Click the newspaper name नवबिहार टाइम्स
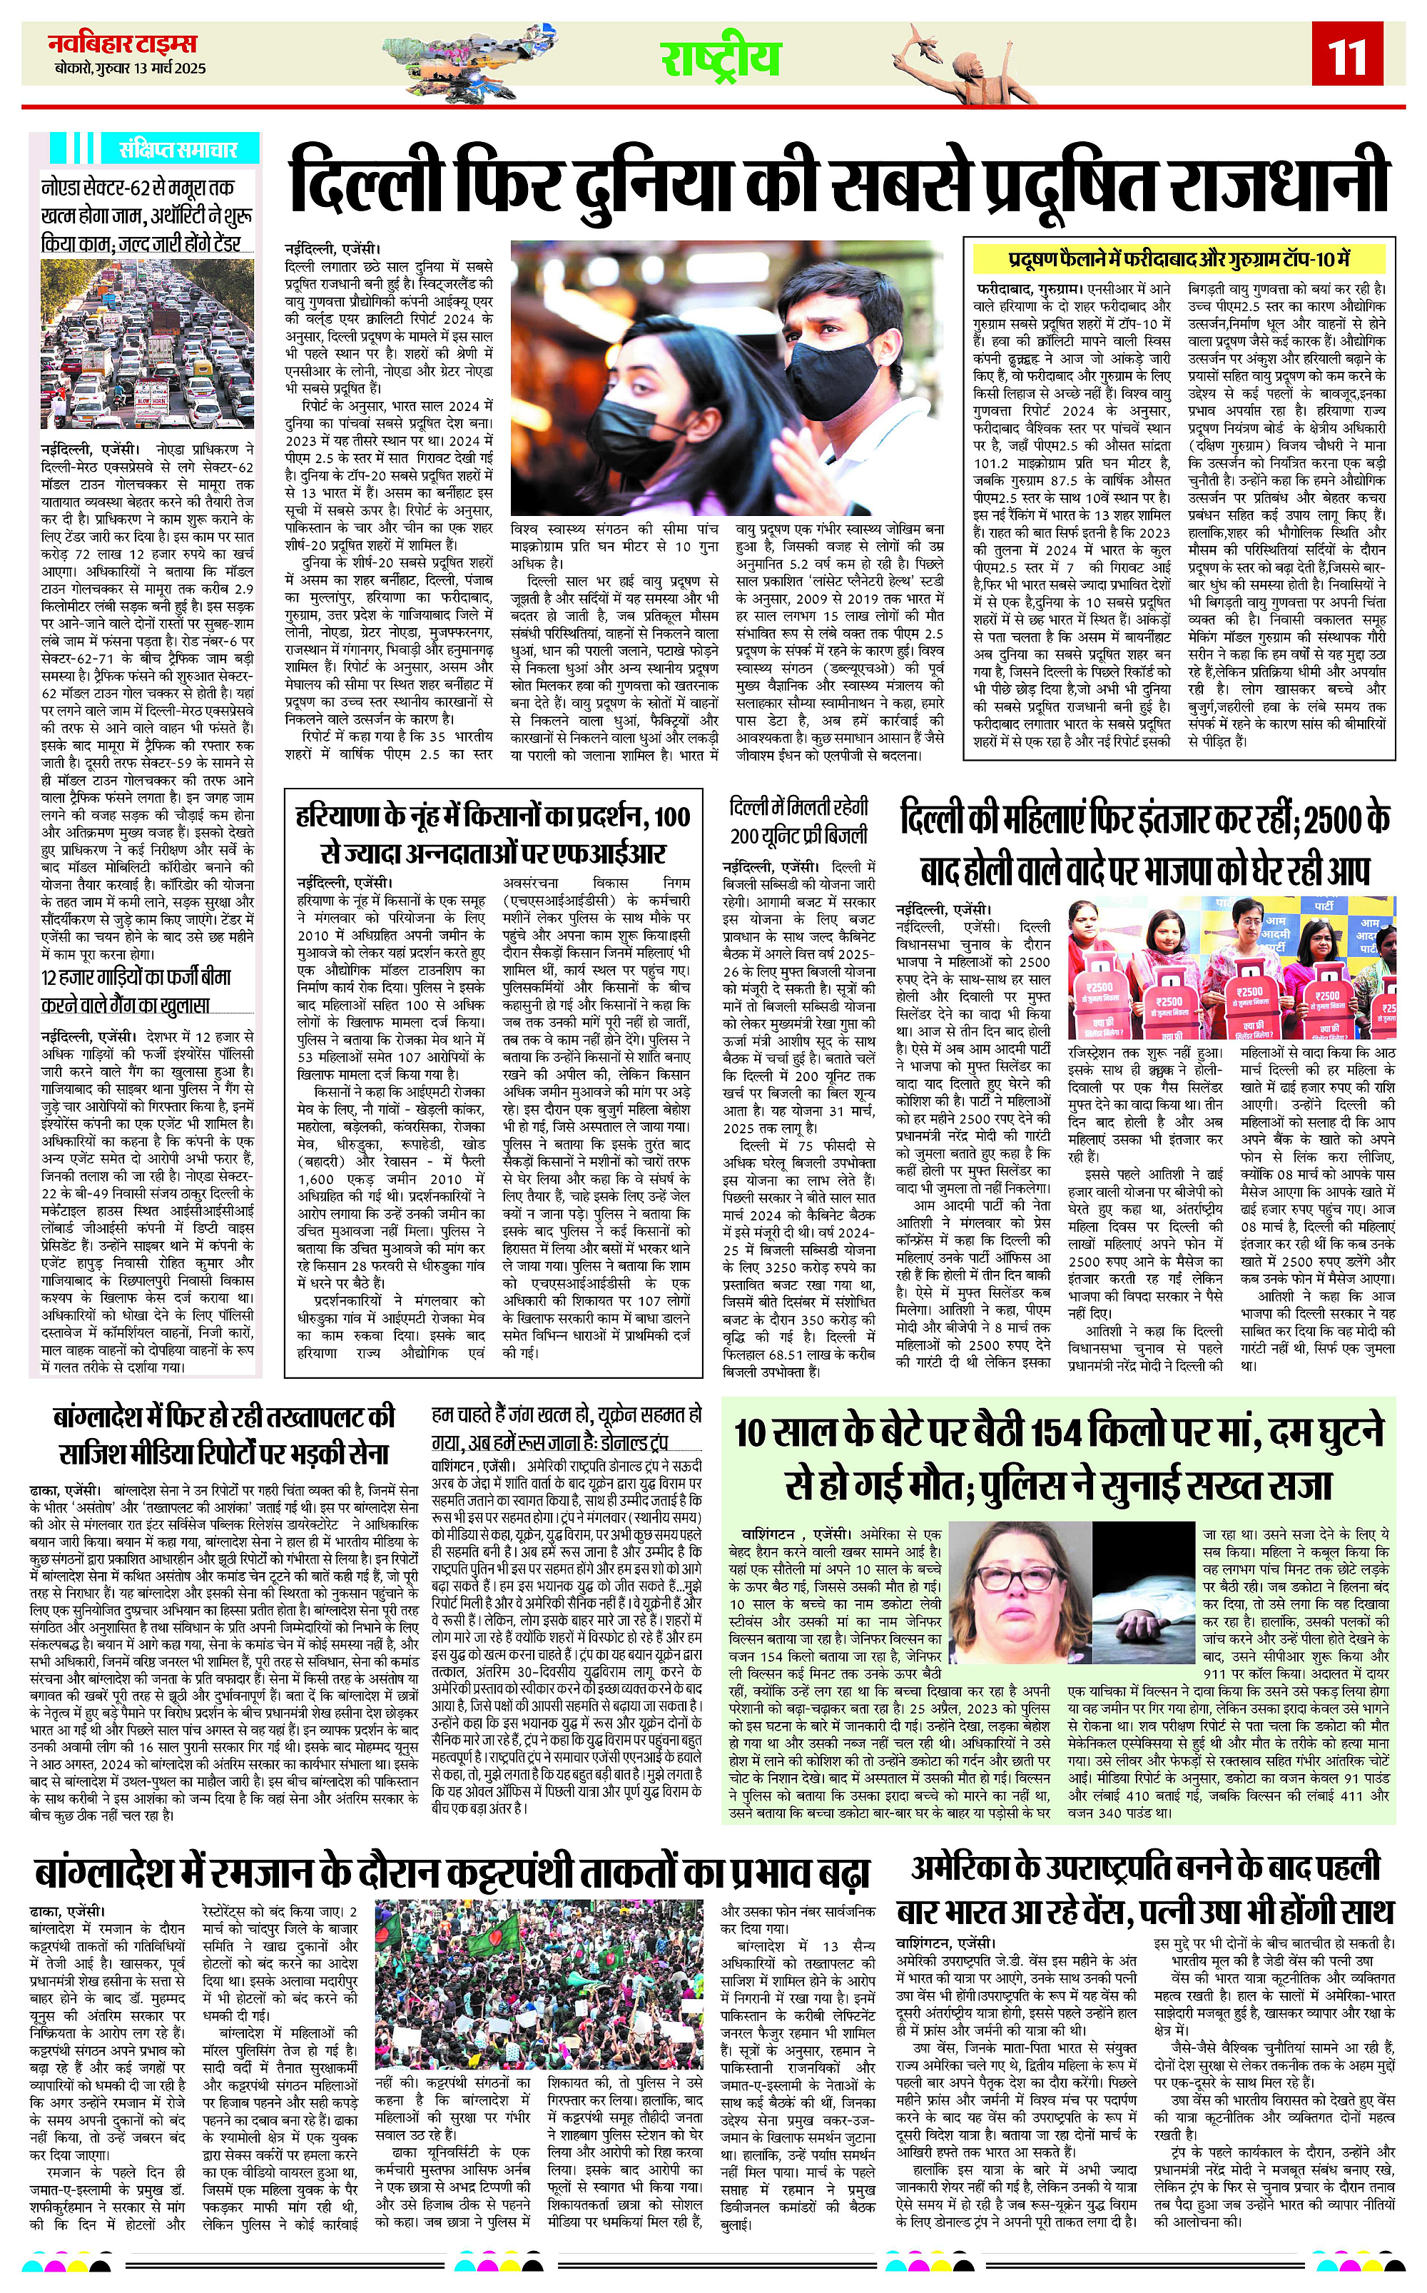pyautogui.click(x=123, y=44)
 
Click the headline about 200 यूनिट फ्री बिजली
pyautogui.click(x=798, y=821)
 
